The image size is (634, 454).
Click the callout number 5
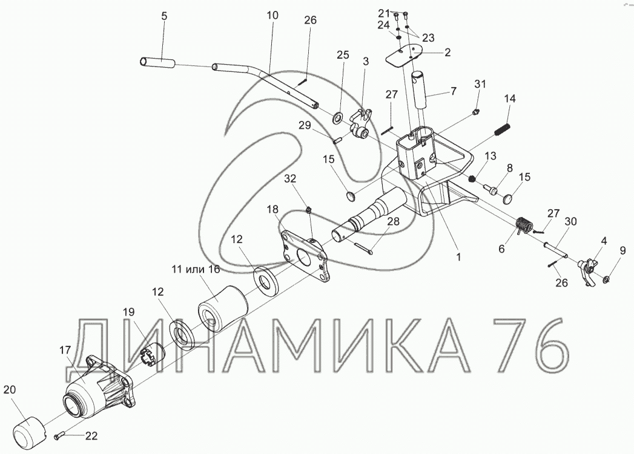coord(163,16)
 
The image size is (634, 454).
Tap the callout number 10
coord(273,16)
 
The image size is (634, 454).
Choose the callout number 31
coord(480,84)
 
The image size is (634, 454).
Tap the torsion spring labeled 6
coord(523,225)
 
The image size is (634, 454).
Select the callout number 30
coord(571,221)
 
